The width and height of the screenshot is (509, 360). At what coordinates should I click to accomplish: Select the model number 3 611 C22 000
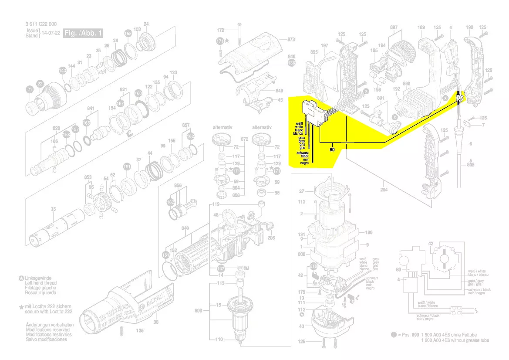(41, 24)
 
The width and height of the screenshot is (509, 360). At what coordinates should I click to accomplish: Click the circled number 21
(30, 90)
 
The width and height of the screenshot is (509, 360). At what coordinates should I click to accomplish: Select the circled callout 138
(291, 63)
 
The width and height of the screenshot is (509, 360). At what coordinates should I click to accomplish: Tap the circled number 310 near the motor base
(313, 266)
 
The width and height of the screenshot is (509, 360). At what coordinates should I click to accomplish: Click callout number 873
(291, 40)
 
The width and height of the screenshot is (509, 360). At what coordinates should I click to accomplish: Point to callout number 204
(383, 190)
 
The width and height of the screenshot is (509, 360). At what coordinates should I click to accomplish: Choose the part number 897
(394, 27)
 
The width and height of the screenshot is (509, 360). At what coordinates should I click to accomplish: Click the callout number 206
(271, 238)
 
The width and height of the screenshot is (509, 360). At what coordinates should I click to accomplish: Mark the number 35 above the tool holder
(53, 209)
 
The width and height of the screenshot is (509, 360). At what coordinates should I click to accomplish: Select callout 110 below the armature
(219, 339)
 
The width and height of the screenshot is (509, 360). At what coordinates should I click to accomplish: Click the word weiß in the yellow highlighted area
(299, 124)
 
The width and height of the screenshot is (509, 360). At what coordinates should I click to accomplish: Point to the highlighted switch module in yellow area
(315, 113)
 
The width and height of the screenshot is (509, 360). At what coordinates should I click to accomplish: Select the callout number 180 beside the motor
(368, 232)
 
